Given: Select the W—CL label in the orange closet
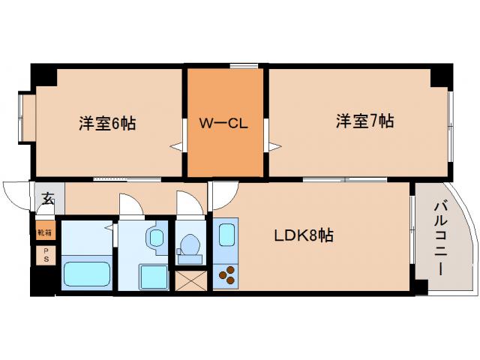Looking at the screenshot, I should (x=223, y=124).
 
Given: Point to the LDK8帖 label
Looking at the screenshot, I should (x=303, y=235).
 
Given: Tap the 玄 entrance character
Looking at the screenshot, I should (x=47, y=199).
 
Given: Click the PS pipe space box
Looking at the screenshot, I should (x=45, y=255).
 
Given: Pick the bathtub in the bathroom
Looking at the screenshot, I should (x=87, y=273).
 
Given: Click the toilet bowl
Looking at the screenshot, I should (x=190, y=247).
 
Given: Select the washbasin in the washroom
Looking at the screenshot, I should (x=157, y=238).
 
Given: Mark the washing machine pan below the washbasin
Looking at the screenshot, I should (x=153, y=277).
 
